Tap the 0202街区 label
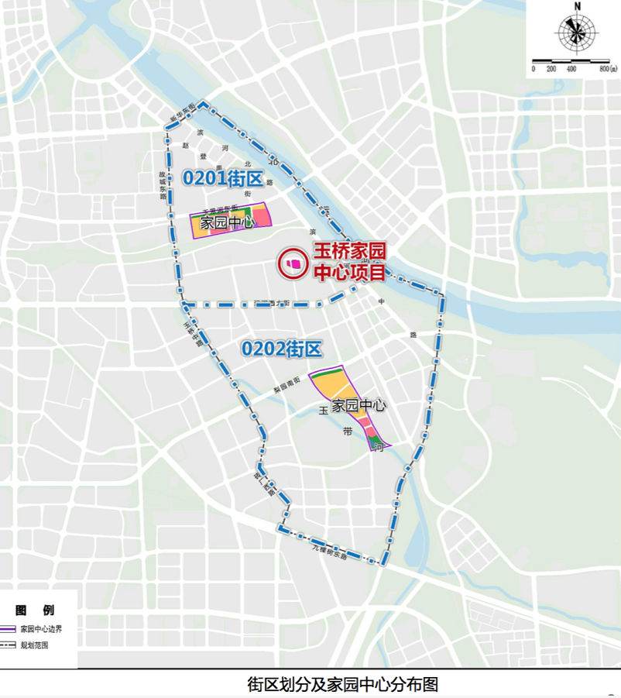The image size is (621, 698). click(281, 349)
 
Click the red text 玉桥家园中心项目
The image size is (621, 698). click(348, 262)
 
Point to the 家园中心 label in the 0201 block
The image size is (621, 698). click(228, 224)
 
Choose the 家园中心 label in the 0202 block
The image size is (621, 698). click(359, 405)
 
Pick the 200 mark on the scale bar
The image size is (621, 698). click(551, 70)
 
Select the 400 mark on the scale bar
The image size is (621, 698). click(571, 70)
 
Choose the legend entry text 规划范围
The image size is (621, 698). click(34, 645)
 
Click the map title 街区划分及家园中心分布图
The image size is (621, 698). click(342, 685)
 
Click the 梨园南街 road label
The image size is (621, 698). click(286, 385)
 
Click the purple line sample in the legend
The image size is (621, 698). click(9, 629)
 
